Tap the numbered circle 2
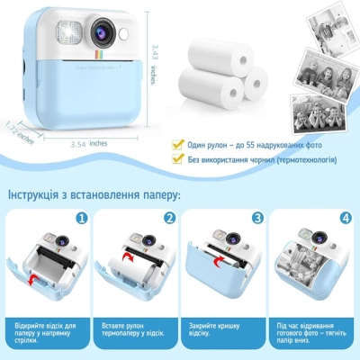[169, 218]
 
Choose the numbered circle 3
[257, 218]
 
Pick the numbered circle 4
[345, 218]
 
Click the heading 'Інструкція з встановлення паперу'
[94, 194]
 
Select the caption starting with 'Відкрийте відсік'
[46, 328]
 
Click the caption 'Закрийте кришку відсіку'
[221, 328]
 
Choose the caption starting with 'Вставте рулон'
[134, 328]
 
